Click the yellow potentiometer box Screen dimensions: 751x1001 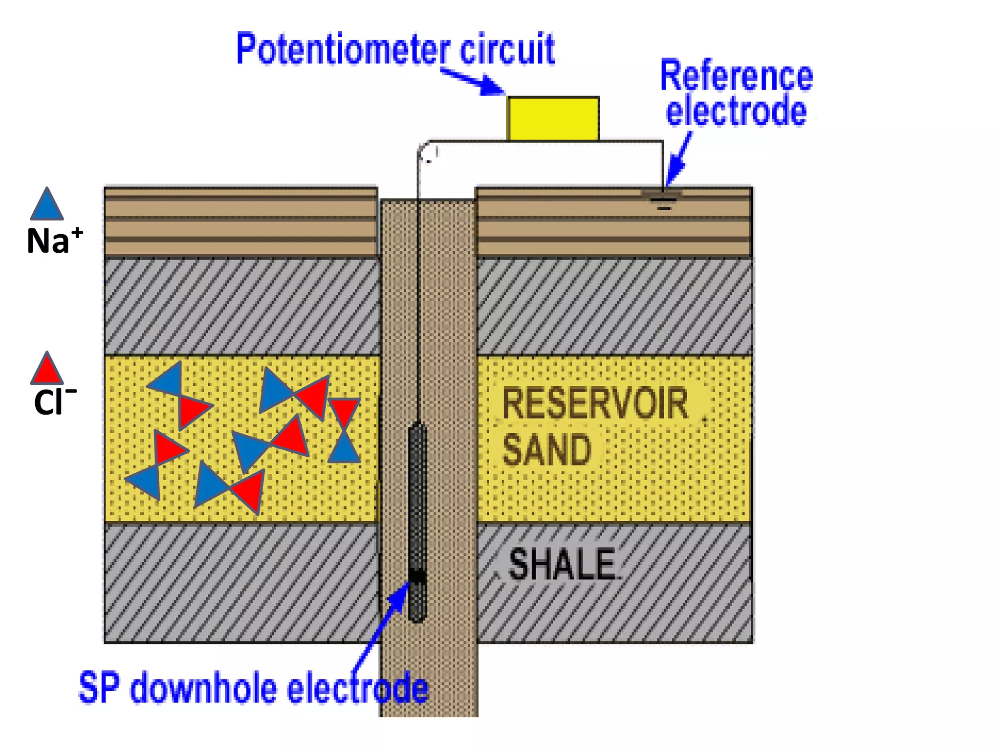[553, 119]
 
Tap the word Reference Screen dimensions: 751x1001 [736, 76]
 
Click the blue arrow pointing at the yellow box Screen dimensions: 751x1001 [472, 81]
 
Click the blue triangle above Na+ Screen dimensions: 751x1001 [46, 204]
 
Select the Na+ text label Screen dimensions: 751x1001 [54, 241]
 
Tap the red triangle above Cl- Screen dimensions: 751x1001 [46, 369]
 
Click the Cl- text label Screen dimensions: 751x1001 [54, 402]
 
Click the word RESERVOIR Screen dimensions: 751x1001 [595, 403]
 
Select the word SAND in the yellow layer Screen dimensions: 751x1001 [546, 450]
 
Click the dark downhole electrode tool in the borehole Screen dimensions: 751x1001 [417, 499]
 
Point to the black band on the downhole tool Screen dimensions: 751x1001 [417, 576]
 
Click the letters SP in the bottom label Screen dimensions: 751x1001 [99, 688]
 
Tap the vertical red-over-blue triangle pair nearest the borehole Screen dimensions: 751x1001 [344, 430]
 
